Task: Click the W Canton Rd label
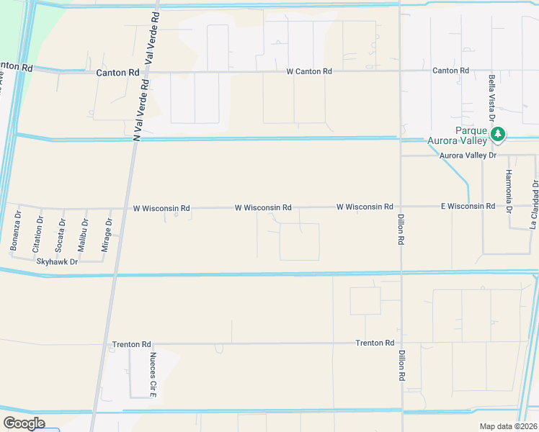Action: (309, 71)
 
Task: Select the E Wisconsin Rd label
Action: (468, 206)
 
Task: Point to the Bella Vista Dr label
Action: (491, 97)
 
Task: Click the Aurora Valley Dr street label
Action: (469, 155)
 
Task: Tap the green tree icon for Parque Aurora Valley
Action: (497, 134)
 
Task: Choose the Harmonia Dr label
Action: (508, 192)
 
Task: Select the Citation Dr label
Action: (36, 233)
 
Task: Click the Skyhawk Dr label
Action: (57, 261)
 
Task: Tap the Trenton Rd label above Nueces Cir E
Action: (131, 344)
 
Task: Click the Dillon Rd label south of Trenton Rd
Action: (401, 366)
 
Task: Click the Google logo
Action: (24, 423)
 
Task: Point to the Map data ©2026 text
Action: (507, 426)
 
